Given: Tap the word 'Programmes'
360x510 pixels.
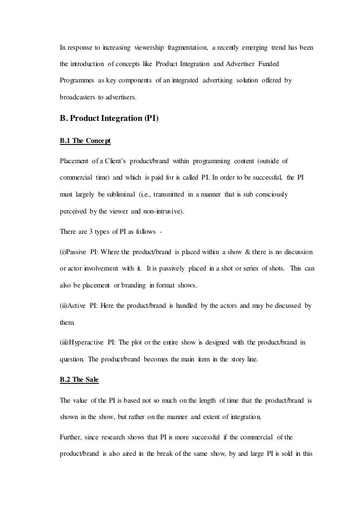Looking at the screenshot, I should pyautogui.click(x=79, y=81).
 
